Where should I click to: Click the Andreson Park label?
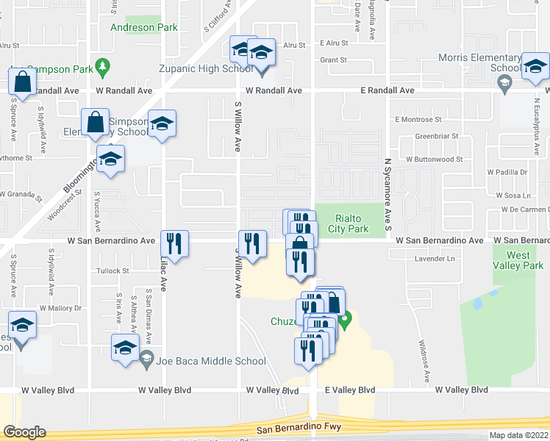point(144,28)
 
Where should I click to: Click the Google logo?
point(24,432)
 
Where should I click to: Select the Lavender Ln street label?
point(435,259)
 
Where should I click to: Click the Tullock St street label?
point(113,270)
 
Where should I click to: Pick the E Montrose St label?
point(418,119)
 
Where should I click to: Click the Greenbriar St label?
point(437,136)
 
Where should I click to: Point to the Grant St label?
point(333,60)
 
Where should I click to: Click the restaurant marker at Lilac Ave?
point(174,244)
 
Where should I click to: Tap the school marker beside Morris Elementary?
point(535,68)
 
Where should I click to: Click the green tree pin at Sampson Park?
point(103,67)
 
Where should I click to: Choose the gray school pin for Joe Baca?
point(147,360)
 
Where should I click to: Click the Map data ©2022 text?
point(519,435)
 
